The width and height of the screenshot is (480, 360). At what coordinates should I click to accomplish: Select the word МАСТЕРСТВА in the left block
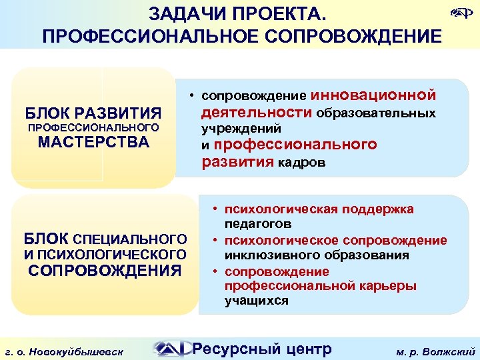93,142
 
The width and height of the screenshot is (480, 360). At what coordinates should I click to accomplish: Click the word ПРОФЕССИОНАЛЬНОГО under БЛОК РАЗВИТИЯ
92,127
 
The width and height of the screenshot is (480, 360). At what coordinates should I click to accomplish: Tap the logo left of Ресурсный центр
171,348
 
